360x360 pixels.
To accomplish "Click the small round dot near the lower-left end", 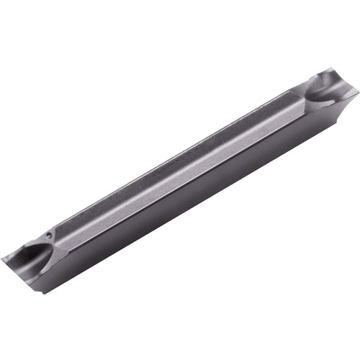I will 48,234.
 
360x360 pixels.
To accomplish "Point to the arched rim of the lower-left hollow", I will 50,248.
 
